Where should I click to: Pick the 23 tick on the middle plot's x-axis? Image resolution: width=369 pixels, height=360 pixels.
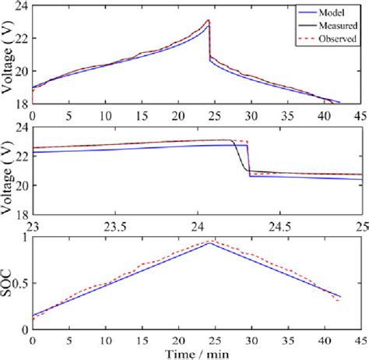click(33, 227)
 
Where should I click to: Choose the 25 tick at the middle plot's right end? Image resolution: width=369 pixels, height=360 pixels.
click(359, 227)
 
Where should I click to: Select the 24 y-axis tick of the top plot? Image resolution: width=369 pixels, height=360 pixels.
click(21, 7)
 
